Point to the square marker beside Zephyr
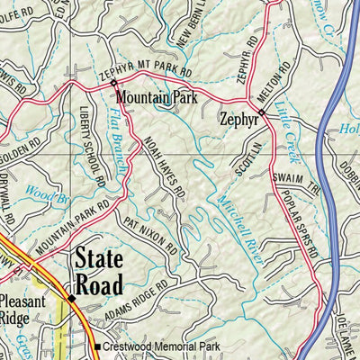click(261, 112)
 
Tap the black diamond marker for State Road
click(71, 297)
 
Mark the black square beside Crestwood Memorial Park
click(97, 347)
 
